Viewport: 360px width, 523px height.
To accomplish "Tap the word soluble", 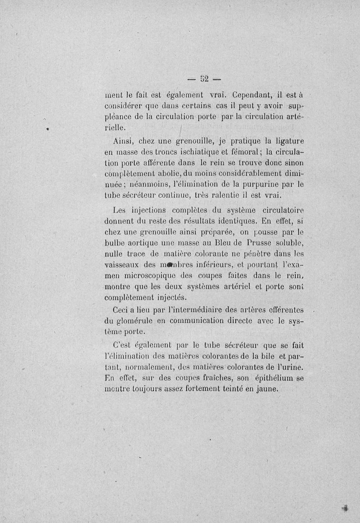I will [x=288, y=244].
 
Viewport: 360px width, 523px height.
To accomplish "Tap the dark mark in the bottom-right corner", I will [x=345, y=508].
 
